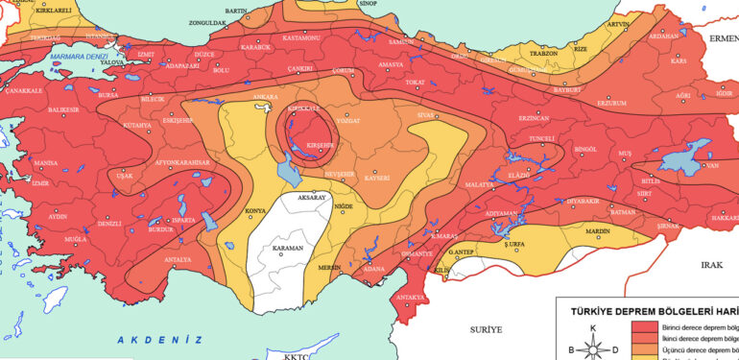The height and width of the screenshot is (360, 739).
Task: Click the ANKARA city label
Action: point(264,97)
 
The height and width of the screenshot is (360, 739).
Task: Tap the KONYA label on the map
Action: point(256,210)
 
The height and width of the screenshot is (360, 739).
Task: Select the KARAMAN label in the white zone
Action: point(287,248)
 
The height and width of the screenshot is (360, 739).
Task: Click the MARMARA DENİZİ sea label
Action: point(82,57)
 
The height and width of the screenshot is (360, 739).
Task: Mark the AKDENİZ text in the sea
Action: point(160,339)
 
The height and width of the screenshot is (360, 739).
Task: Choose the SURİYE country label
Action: point(486,329)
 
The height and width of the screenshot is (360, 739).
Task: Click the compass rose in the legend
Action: point(592,348)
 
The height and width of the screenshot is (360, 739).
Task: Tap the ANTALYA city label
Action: point(177,259)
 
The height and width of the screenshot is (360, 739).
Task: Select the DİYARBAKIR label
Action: point(583,200)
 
